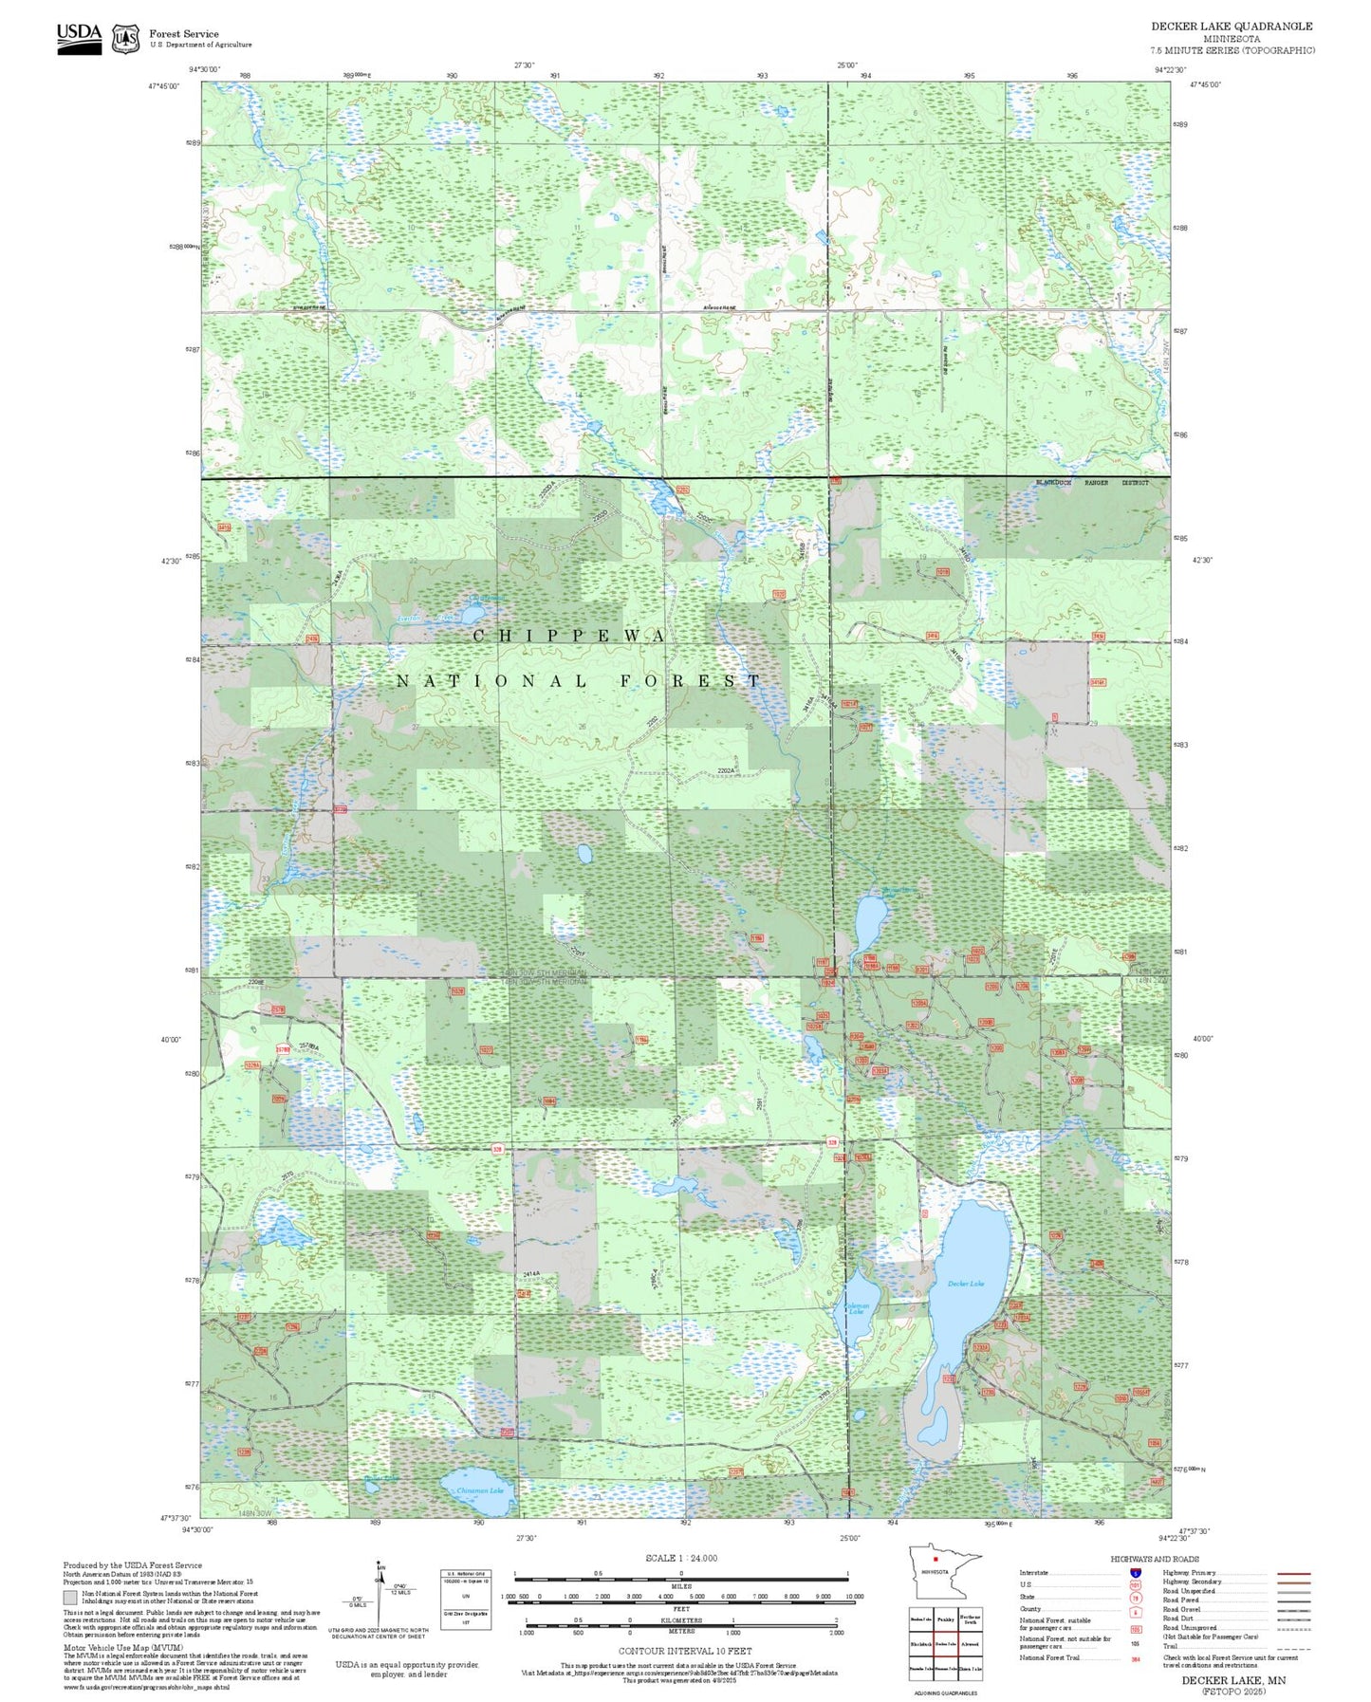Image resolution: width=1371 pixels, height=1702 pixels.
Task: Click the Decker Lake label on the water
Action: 965,1283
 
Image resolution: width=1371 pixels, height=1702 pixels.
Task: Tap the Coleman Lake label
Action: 856,1308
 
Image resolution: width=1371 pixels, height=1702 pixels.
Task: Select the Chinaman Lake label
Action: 480,1489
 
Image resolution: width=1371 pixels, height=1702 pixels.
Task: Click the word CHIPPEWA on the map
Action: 569,636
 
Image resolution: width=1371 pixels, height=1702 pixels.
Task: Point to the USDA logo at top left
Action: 79,38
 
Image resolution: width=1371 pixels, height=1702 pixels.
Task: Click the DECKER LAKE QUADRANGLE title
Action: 1232,27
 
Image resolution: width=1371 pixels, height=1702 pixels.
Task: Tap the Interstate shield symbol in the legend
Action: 1135,1572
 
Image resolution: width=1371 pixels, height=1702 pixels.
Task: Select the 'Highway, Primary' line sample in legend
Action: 1294,1573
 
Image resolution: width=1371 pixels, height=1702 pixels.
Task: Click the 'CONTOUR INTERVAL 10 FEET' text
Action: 685,1651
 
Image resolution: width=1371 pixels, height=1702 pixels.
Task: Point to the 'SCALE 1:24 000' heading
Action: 681,1558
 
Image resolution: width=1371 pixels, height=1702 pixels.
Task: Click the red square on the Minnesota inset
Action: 936,1558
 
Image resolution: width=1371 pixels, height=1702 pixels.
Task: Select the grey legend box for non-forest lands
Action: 70,1598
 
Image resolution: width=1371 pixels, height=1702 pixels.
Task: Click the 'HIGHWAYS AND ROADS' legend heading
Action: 1155,1559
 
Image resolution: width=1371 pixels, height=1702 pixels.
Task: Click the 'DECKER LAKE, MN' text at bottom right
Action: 1233,1679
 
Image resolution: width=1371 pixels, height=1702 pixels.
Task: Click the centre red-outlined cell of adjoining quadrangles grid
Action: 945,1643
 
